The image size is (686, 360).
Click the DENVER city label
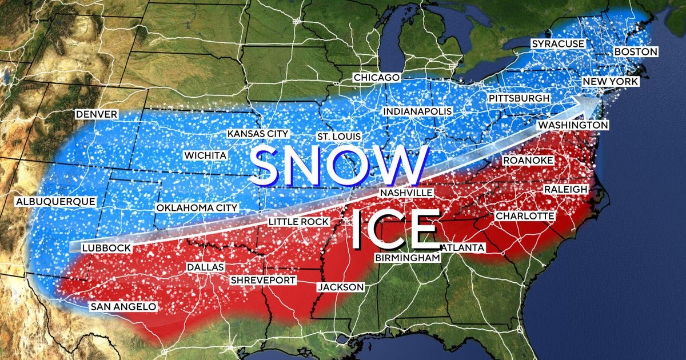coord(97,115)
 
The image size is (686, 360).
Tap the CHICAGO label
coord(376,78)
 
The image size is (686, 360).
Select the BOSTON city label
coord(636,52)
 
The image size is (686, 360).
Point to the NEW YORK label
coord(610,82)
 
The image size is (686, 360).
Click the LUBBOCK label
coord(106,248)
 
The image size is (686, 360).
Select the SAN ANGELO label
coord(123,307)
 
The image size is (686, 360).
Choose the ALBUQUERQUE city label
coord(55,202)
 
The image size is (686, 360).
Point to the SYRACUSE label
coord(557,44)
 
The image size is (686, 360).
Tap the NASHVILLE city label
coord(406,193)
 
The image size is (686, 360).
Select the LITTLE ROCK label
coord(298,222)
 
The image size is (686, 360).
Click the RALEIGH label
coord(565,189)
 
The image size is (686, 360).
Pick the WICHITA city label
coord(205,155)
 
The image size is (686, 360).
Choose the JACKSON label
coord(341,287)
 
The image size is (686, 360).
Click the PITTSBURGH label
coord(519,98)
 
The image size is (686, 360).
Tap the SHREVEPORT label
coord(263,280)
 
